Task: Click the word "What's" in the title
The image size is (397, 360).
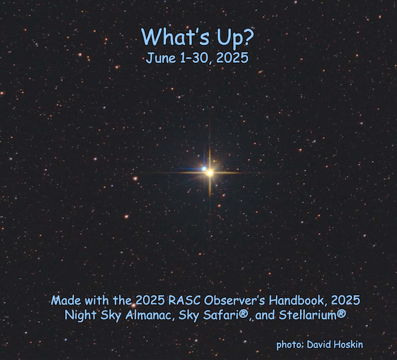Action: pos(175,36)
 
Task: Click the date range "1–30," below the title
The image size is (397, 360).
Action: pos(197,58)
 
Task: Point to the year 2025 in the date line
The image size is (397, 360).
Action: pos(232,58)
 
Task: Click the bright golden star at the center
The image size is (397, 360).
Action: pos(210,173)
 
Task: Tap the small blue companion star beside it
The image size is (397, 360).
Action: pos(204,169)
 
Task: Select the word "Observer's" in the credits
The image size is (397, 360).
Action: pos(234,300)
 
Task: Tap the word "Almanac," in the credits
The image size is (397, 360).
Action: pos(150,315)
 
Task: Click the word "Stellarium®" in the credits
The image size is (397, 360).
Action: pos(312,315)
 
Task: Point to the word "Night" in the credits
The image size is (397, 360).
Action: pos(81,316)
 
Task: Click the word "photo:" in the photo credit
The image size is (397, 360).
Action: pos(290,345)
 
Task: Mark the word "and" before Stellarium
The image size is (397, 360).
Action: pos(265,315)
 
